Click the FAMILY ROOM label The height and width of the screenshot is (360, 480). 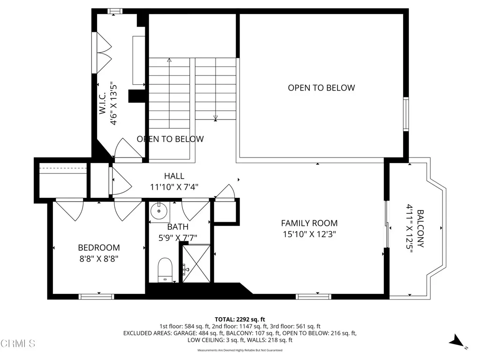click(x=309, y=224)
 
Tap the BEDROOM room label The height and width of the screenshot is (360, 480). click(x=98, y=247)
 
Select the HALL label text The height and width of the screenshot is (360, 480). click(x=174, y=176)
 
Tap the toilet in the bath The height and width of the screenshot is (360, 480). click(x=165, y=270)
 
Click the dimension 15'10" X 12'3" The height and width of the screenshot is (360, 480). click(x=309, y=234)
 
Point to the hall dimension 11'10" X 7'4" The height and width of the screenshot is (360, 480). click(x=174, y=187)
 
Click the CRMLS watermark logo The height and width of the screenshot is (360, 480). click(x=18, y=344)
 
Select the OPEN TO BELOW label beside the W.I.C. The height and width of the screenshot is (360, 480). click(x=170, y=139)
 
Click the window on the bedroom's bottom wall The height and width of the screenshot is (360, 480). click(x=96, y=296)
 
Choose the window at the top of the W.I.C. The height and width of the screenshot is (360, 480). click(x=114, y=11)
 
